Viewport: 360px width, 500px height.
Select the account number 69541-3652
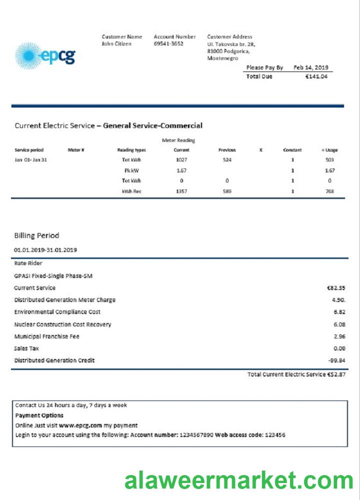pos(168,44)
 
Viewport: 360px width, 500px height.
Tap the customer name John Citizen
pos(116,44)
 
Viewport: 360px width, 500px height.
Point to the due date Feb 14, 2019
pos(311,67)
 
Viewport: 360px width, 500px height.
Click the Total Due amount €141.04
pos(316,76)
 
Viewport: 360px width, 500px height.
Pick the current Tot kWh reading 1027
pos(181,160)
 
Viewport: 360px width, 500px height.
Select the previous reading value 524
pos(227,160)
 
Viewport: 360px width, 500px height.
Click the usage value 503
pos(329,160)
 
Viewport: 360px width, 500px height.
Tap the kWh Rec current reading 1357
pos(181,191)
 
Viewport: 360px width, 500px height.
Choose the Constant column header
pos(292,150)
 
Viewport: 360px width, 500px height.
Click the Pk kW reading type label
pos(131,170)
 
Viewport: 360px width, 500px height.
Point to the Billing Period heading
pos(36,235)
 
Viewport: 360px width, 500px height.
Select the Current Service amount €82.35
pos(335,288)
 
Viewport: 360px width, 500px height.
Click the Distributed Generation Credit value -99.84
pos(335,360)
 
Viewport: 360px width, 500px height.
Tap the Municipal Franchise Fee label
pos(46,336)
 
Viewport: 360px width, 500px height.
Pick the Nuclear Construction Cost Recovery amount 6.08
pos(339,324)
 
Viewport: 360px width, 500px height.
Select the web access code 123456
pos(275,435)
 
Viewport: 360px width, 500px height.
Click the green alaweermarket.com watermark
pos(239,480)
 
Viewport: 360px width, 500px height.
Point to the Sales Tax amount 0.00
pos(339,348)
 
